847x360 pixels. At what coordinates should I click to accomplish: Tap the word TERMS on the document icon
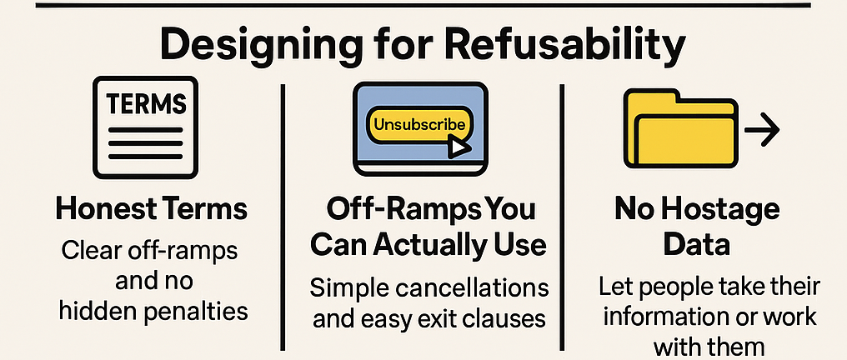pyautogui.click(x=147, y=103)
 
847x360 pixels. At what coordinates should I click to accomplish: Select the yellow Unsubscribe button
pyautogui.click(x=419, y=125)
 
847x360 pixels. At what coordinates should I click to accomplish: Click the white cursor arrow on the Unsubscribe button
pyautogui.click(x=459, y=147)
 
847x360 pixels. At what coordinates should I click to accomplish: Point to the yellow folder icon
pyautogui.click(x=680, y=128)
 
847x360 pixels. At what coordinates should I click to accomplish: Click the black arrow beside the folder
pyautogui.click(x=762, y=129)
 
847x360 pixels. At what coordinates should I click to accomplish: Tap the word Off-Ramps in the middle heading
pyautogui.click(x=373, y=209)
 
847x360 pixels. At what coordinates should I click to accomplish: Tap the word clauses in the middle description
pyautogui.click(x=504, y=318)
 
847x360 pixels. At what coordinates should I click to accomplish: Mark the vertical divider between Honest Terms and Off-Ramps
pyautogui.click(x=282, y=217)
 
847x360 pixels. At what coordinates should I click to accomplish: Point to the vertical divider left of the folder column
pyautogui.click(x=562, y=217)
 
